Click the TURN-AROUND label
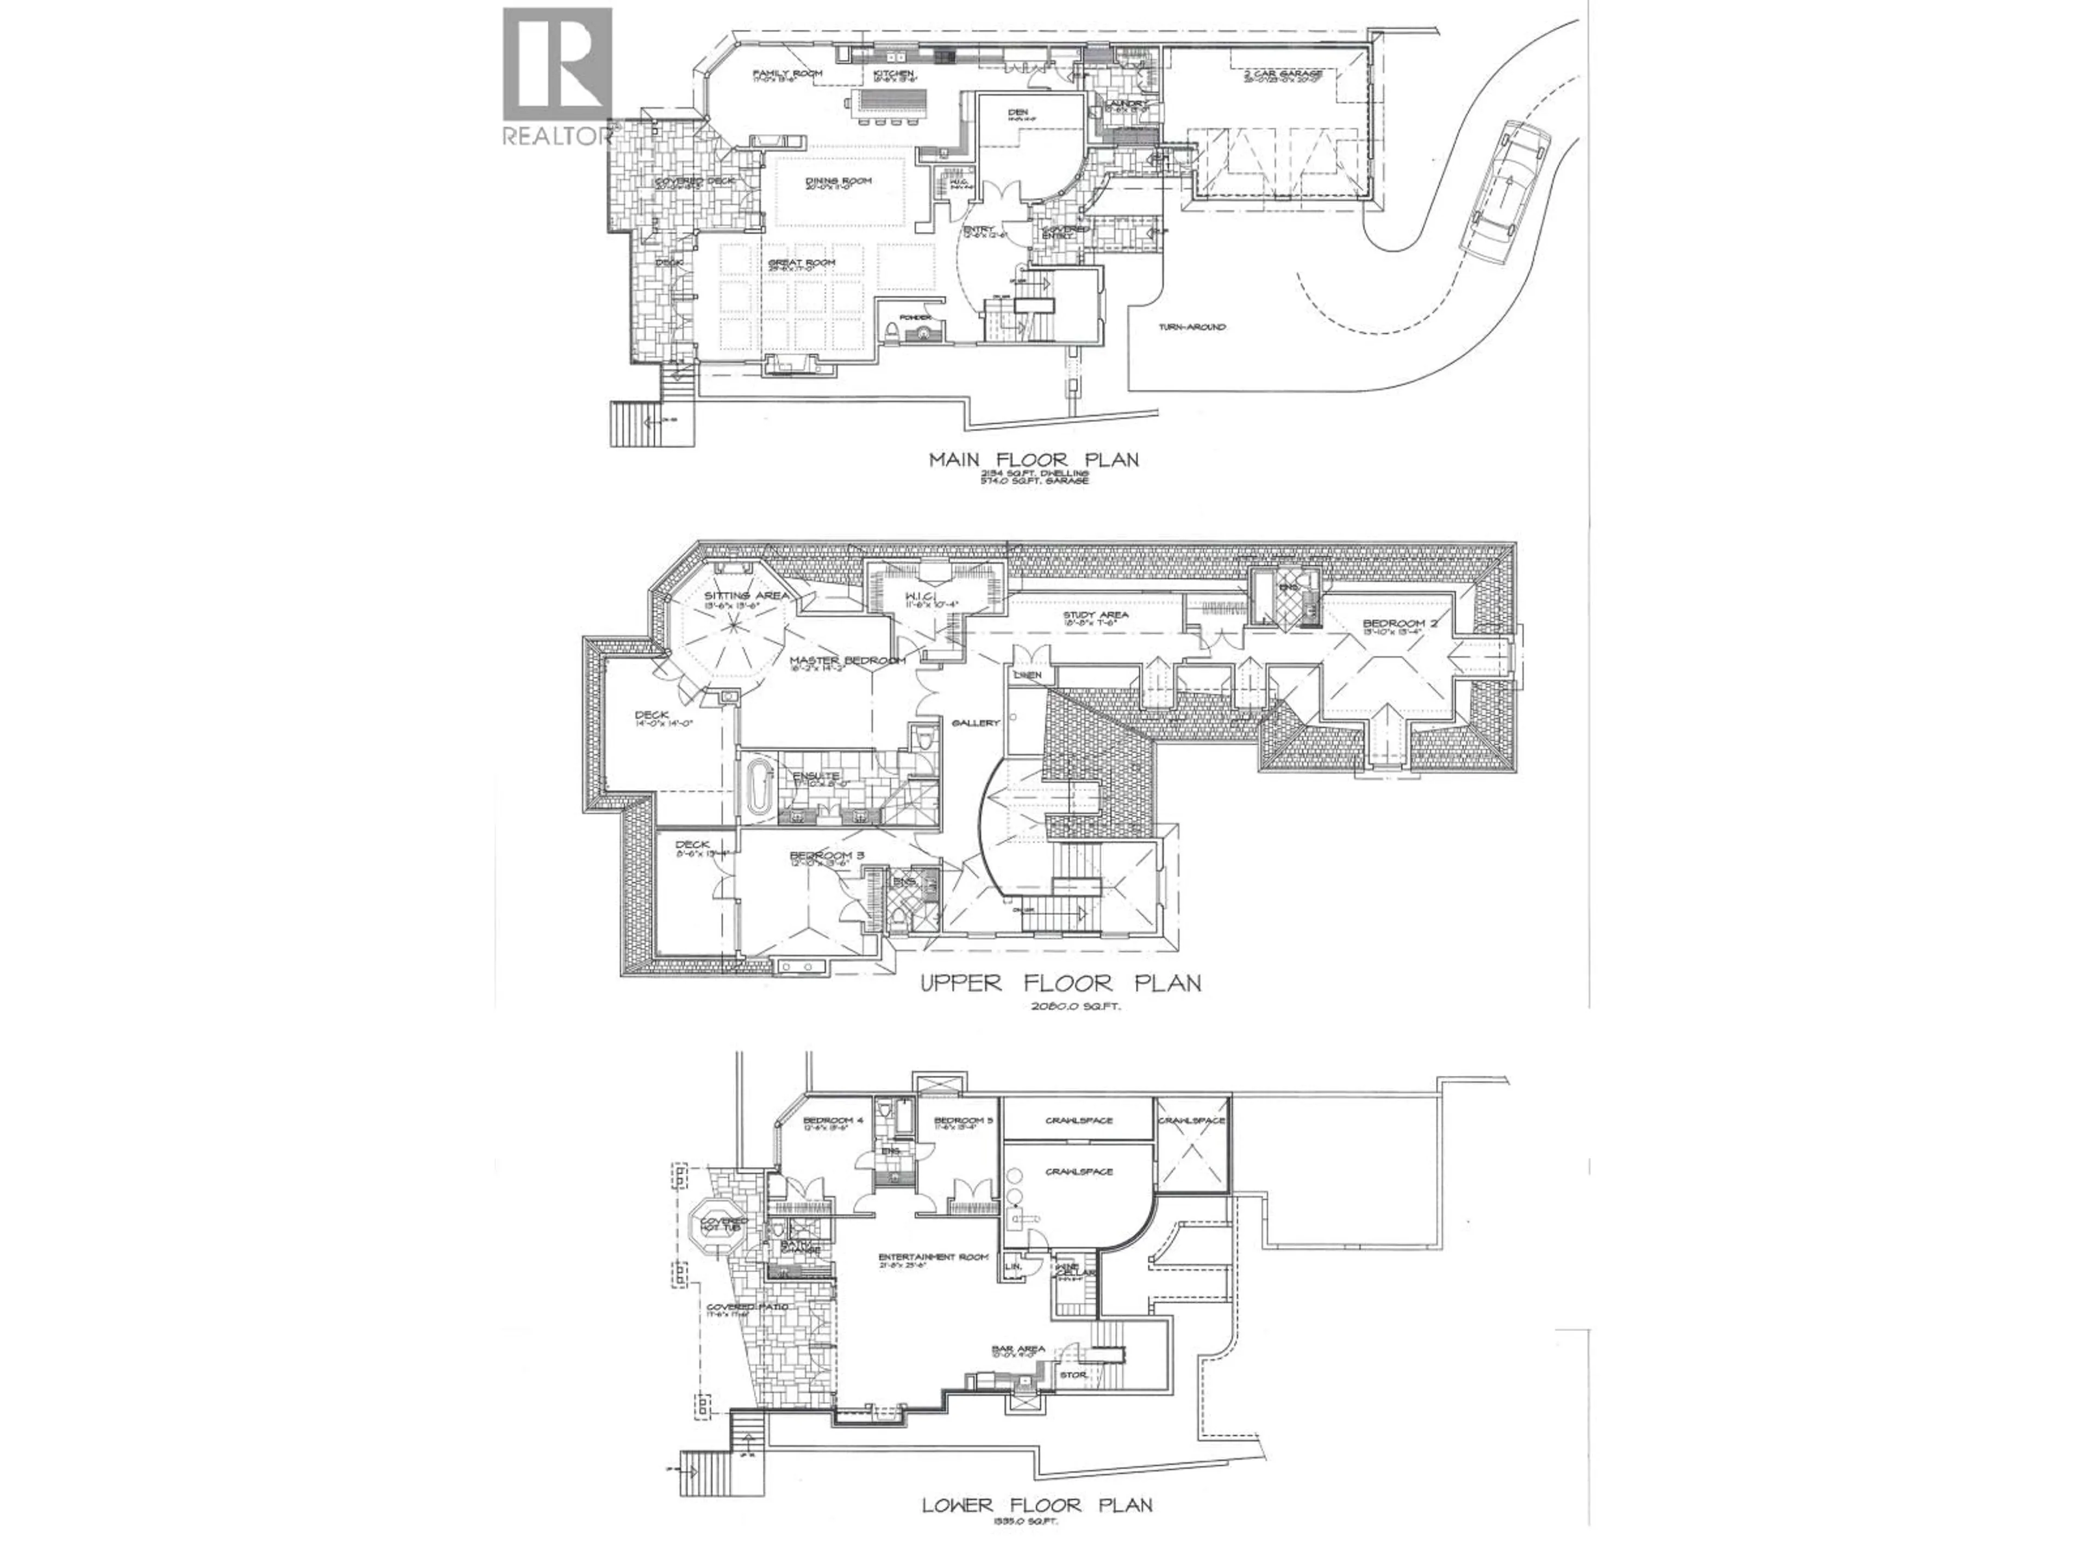click(1192, 327)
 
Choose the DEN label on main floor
click(1017, 110)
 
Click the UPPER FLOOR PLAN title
click(1060, 984)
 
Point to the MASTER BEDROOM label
click(846, 660)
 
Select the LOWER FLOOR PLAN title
click(1037, 1506)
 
